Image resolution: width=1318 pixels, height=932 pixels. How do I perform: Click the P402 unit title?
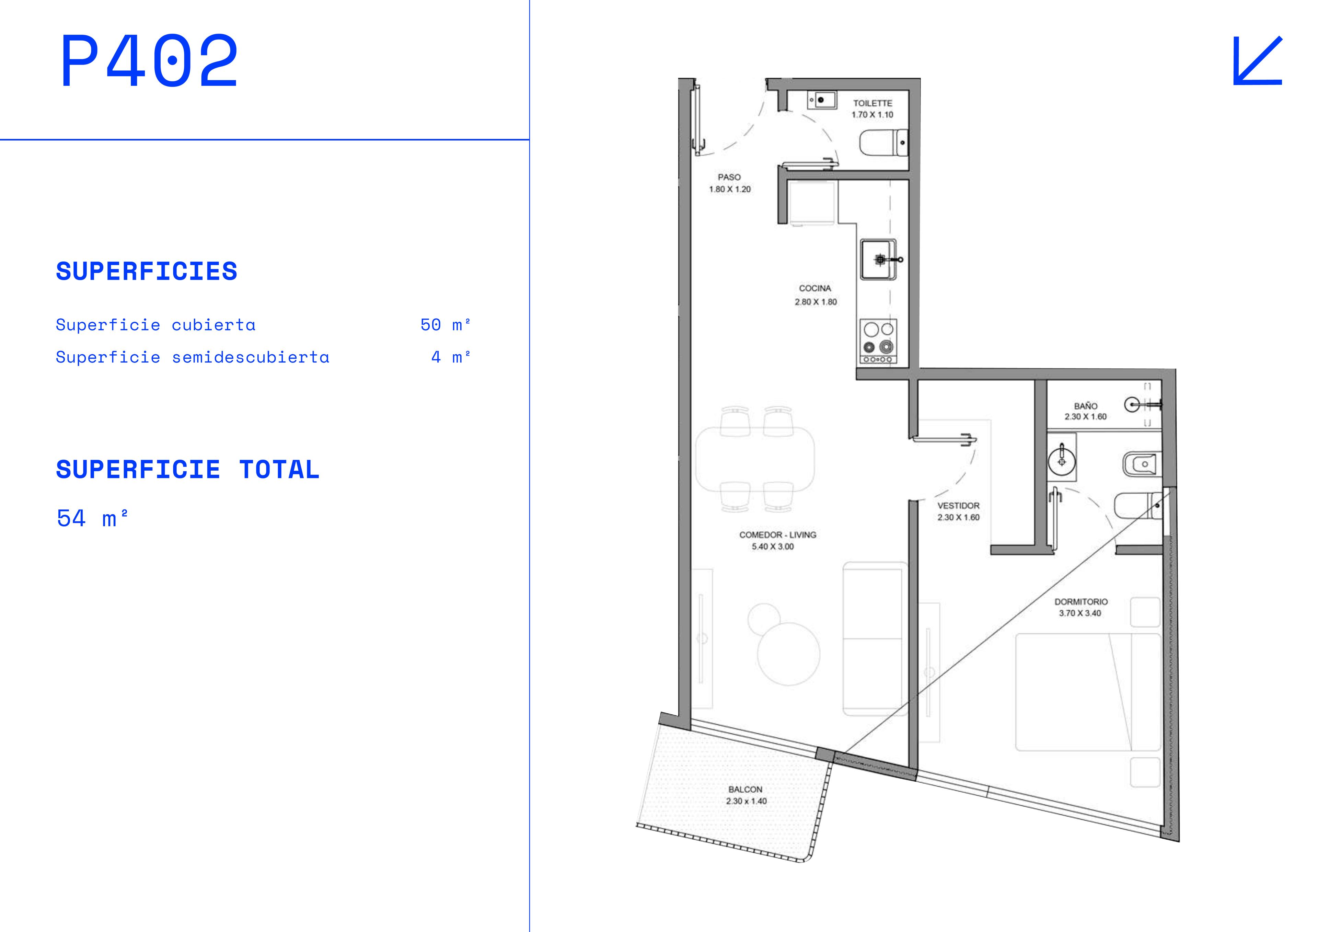149,60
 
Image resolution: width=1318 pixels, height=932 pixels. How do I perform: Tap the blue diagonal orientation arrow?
1258,61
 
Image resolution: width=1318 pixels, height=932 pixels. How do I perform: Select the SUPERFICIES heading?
146,272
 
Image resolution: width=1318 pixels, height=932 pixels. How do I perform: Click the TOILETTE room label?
872,103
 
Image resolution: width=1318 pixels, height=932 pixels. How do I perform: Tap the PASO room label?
729,177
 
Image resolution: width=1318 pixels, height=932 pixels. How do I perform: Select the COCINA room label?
815,288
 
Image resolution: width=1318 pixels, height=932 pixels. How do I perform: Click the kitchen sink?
878,260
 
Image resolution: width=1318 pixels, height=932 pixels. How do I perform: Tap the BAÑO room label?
1086,406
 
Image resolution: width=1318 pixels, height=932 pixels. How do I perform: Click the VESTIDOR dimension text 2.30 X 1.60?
959,517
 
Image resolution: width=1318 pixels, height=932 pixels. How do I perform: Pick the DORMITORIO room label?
1081,602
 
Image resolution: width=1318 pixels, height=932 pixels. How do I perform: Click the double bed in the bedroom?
1088,692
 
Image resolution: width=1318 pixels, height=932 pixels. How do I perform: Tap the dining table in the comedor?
755,459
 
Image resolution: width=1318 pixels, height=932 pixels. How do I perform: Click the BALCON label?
745,790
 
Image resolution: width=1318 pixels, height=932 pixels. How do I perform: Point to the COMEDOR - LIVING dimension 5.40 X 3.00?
773,547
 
